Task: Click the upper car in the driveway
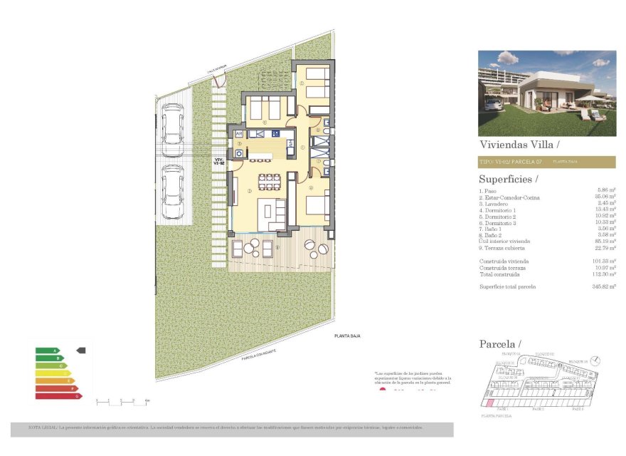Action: (x=171, y=124)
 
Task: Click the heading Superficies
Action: (x=508, y=179)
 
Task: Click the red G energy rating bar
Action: (x=59, y=395)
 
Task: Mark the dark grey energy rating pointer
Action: (x=80, y=350)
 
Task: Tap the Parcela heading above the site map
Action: (x=495, y=345)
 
